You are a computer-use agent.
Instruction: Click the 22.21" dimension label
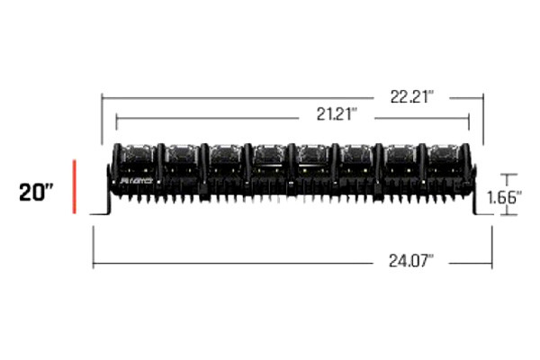(x=412, y=97)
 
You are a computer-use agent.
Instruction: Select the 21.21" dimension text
(x=337, y=114)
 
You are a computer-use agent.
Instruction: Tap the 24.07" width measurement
(x=411, y=260)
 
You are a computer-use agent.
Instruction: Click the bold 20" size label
(x=36, y=193)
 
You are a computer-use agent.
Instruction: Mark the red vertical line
(x=74, y=186)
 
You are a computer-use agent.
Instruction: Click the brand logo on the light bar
(x=136, y=181)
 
